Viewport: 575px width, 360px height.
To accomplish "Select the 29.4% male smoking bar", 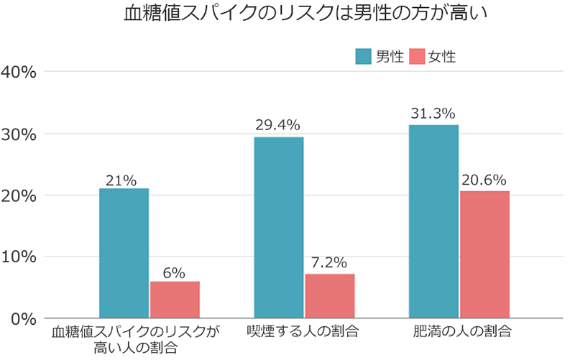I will coord(279,227).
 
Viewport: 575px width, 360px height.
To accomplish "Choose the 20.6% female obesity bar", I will coord(484,254).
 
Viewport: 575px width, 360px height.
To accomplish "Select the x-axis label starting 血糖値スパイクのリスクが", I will coord(135,340).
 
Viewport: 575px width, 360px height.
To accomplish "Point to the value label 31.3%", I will coord(433,114).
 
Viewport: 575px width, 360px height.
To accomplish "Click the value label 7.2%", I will coord(330,262).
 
